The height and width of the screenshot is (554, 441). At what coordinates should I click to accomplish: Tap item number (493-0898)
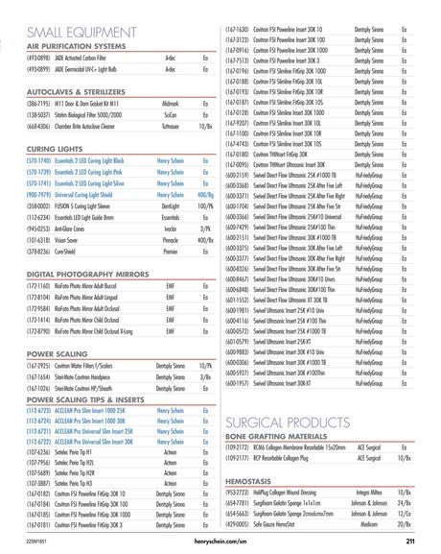25,57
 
